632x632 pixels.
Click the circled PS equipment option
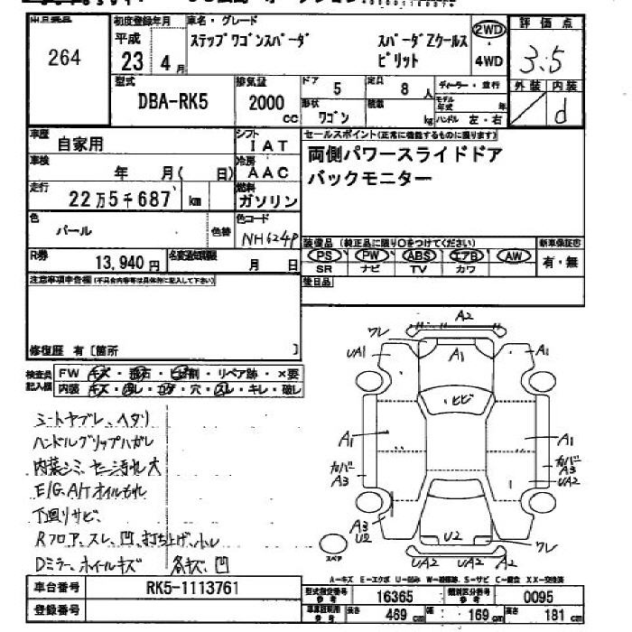click(324, 256)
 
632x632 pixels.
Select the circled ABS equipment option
click(418, 256)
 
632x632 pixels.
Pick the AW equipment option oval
click(516, 256)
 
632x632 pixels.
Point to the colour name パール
click(74, 230)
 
